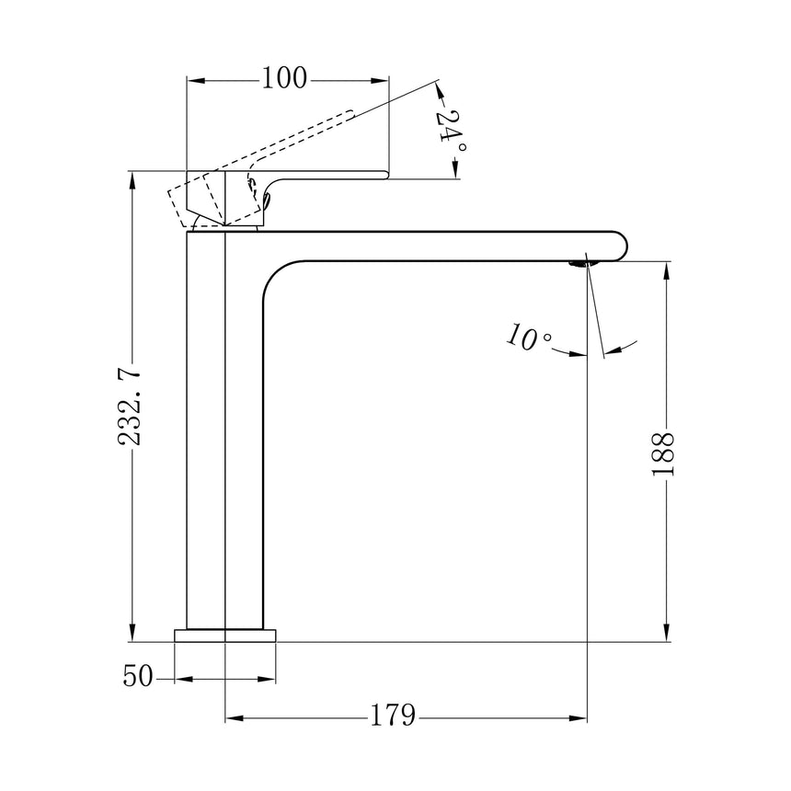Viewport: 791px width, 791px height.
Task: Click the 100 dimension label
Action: click(284, 78)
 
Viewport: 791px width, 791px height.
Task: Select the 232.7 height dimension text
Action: click(129, 407)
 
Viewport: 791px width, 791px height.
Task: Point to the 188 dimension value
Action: click(663, 453)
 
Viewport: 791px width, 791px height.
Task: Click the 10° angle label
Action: click(528, 337)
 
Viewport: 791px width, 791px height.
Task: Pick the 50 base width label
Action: click(137, 676)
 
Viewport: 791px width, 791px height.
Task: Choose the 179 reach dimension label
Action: click(393, 715)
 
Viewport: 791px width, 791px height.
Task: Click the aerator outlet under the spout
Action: click(581, 263)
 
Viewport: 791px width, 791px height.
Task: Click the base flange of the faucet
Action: click(225, 636)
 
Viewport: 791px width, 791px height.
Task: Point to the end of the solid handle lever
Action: click(386, 175)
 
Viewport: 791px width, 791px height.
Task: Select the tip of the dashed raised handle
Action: click(350, 113)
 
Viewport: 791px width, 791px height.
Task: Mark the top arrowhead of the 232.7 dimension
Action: click(132, 180)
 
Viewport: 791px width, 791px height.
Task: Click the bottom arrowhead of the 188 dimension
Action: click(667, 633)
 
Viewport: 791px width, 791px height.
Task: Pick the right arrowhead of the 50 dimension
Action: click(267, 679)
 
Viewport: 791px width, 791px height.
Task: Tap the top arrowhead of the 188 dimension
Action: click(667, 271)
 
